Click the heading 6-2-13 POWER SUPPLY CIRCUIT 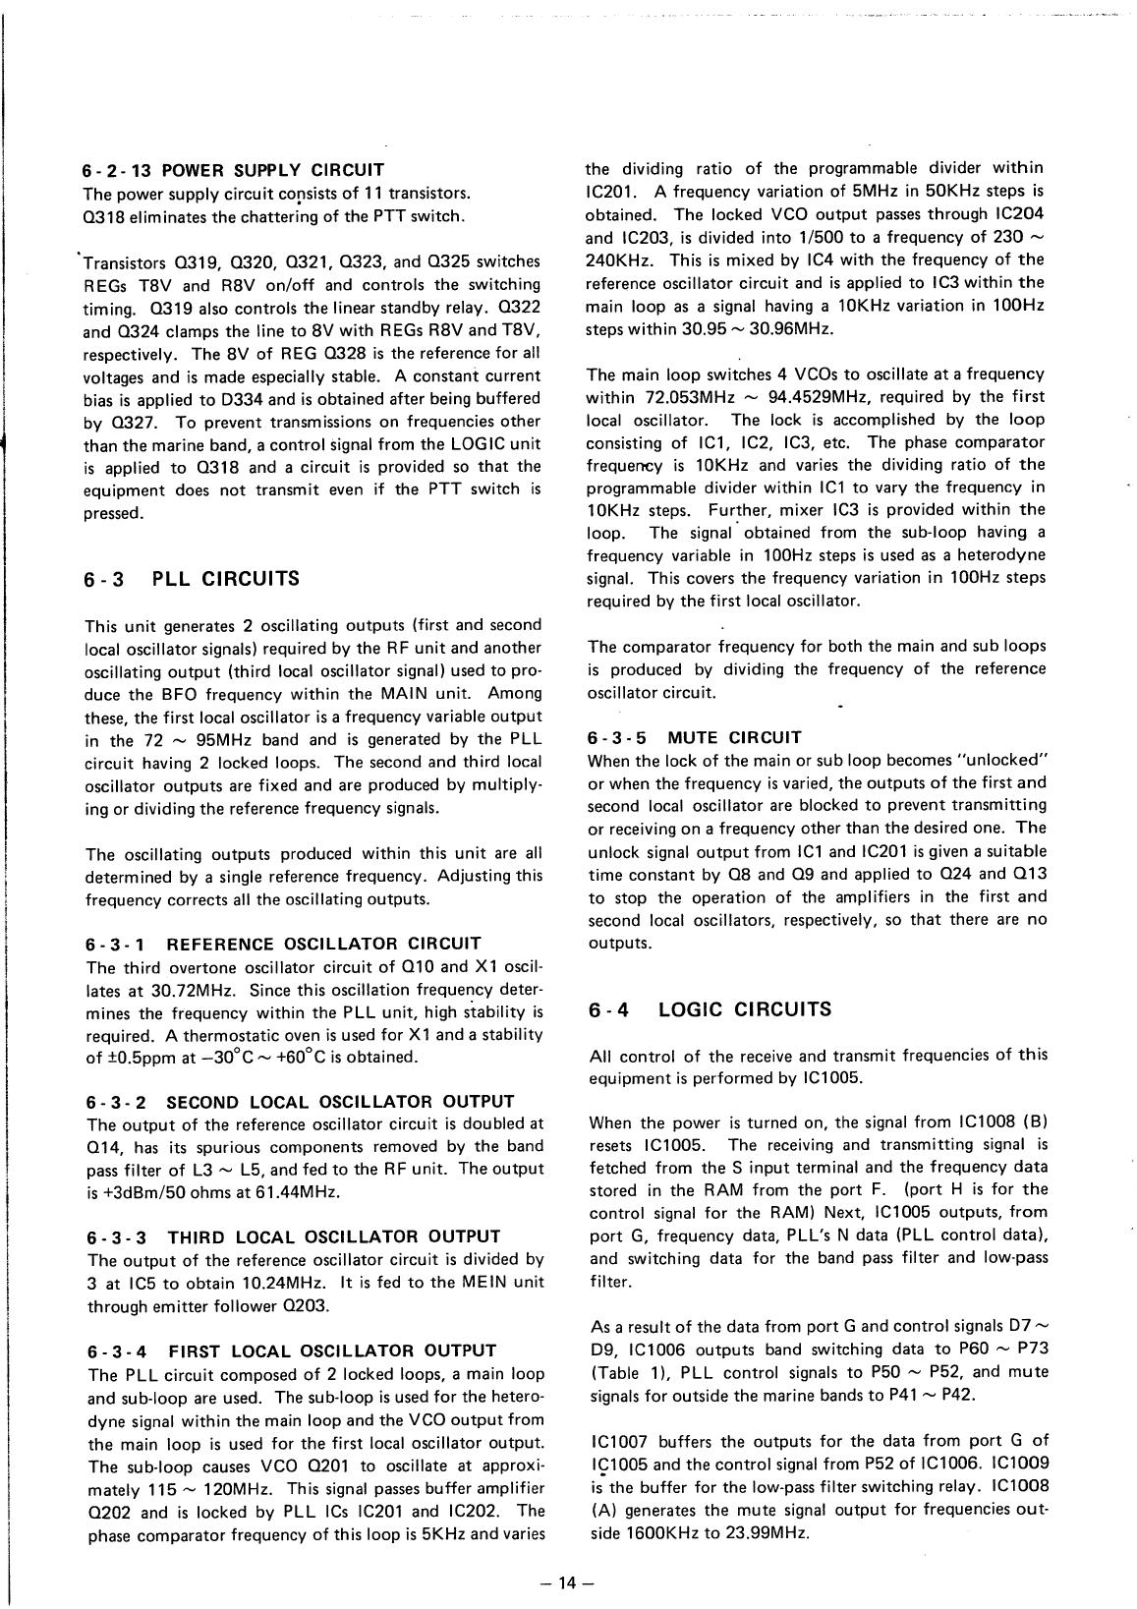pyautogui.click(x=234, y=169)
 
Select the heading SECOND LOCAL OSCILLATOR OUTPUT pyautogui.click(x=340, y=1102)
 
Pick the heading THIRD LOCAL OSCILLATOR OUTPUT pyautogui.click(x=333, y=1236)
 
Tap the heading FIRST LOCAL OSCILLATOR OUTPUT pyautogui.click(x=332, y=1350)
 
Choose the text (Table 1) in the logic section pyautogui.click(x=627, y=1372)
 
